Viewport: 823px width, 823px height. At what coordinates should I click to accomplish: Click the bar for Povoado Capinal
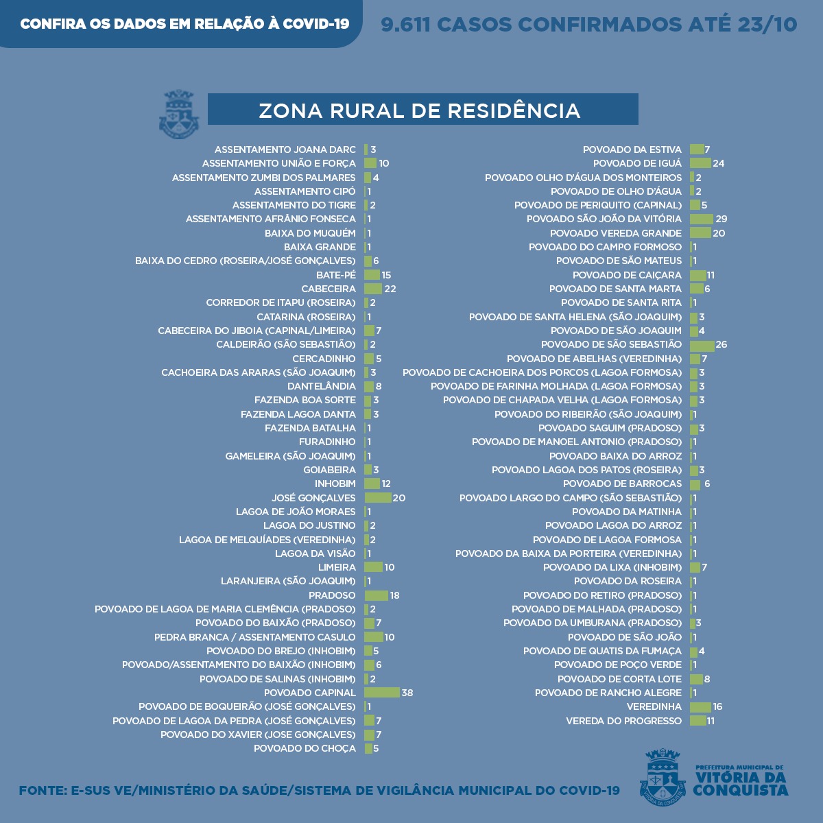[x=382, y=693]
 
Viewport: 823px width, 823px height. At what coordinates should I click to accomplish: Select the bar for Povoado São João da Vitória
[x=702, y=219]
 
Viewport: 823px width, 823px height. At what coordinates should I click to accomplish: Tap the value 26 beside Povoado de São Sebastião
[x=721, y=344]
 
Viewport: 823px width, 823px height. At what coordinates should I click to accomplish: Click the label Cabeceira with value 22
[x=329, y=289]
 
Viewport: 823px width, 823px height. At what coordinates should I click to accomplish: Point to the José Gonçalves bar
[x=378, y=498]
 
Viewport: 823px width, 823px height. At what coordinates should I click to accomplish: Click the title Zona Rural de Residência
[x=420, y=110]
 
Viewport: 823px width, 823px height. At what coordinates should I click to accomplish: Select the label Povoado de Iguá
[x=637, y=163]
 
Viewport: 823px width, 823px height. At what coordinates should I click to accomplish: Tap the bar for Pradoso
[x=377, y=595]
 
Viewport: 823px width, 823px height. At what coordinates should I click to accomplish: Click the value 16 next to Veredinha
[x=718, y=706]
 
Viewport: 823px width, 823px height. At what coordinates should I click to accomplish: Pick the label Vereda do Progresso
[x=623, y=721]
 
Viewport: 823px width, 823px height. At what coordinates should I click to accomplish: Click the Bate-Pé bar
[x=372, y=275]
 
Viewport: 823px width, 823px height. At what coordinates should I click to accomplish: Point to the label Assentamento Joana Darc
[x=285, y=150]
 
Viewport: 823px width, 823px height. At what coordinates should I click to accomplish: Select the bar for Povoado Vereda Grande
[x=700, y=233]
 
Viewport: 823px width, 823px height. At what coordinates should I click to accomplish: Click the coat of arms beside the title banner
[x=179, y=114]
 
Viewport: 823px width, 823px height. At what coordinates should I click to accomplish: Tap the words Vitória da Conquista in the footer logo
[x=740, y=784]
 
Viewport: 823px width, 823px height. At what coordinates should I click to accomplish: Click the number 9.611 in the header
[x=405, y=25]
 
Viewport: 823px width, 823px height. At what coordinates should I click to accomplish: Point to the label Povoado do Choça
[x=305, y=748]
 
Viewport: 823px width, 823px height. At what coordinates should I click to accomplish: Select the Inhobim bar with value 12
[x=372, y=484]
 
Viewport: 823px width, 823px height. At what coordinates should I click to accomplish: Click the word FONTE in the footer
[x=41, y=791]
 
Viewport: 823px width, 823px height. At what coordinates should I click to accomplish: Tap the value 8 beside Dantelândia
[x=379, y=386]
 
